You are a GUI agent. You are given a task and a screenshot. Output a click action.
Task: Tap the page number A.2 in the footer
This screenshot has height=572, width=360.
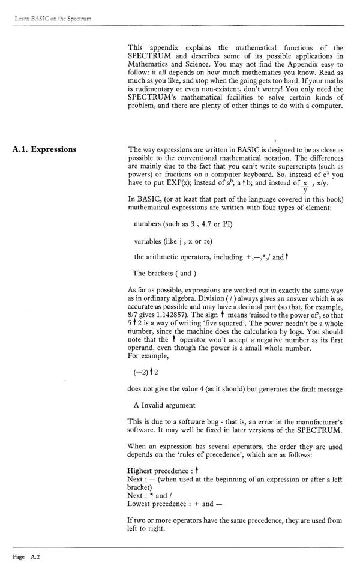(25, 556)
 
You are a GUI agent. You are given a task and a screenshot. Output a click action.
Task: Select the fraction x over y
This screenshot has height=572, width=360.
(306, 186)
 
